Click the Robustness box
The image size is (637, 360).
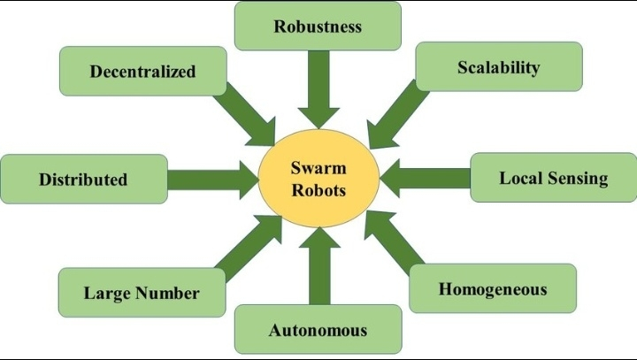click(x=318, y=26)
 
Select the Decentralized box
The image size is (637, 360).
click(x=142, y=71)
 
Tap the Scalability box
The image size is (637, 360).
click(x=498, y=67)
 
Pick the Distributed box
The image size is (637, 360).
click(x=83, y=179)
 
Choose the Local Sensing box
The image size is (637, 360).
click(x=553, y=178)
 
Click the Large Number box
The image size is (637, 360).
click(x=142, y=293)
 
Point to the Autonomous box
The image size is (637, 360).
click(x=318, y=330)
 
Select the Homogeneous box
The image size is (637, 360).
click(x=493, y=288)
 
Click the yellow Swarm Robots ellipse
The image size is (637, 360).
click(x=318, y=178)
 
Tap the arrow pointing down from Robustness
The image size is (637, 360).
click(x=318, y=89)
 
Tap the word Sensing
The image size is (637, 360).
click(x=579, y=178)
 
